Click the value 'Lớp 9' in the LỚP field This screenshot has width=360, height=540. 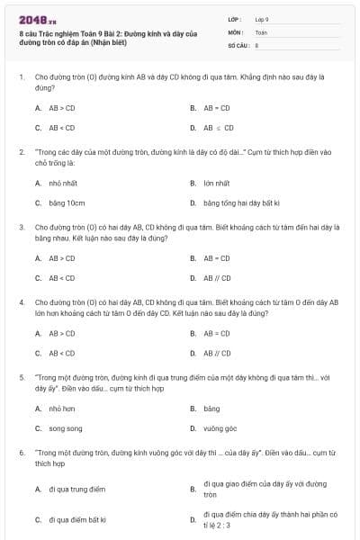262,18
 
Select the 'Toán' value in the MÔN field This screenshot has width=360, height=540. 261,31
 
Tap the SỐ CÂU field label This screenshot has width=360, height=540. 238,44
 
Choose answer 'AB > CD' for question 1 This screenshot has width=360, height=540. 62,107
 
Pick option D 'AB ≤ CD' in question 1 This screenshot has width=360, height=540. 218,128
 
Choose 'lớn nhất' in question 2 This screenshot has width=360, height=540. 216,183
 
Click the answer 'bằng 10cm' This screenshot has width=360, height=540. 67,202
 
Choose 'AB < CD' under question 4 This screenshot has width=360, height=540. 62,353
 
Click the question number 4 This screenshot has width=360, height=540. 21,302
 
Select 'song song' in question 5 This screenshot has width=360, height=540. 66,428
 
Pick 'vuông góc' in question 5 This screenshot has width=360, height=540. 219,428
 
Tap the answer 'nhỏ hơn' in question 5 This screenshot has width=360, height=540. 62,409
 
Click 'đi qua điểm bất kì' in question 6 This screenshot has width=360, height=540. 78,519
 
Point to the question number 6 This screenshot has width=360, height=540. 21,453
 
